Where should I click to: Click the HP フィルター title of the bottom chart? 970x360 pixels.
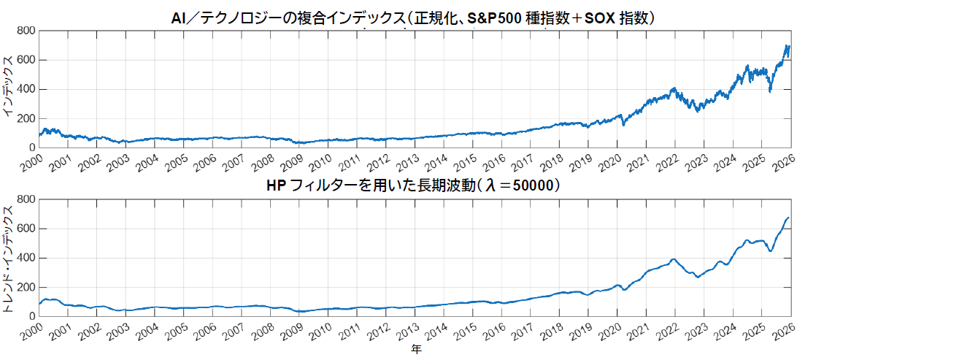[414, 186]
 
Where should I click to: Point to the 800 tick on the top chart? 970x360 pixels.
[26, 31]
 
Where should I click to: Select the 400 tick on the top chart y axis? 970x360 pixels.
[26, 89]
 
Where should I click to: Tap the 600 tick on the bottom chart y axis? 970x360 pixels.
[26, 229]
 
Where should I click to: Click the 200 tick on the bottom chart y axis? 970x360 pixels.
[26, 287]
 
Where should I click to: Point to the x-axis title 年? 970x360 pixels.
[415, 351]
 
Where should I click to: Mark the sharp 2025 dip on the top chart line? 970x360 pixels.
[770, 91]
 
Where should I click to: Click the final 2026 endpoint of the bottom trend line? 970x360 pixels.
[789, 218]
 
